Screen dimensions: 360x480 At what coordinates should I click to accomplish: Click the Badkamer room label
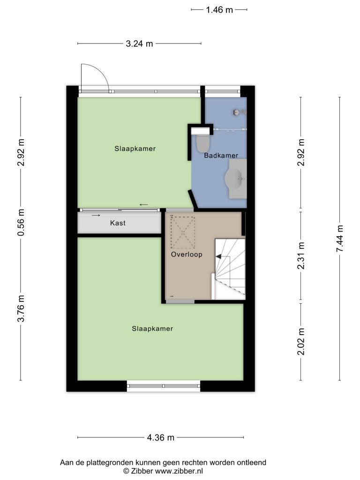point(221,156)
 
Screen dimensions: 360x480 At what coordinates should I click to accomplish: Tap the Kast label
point(118,223)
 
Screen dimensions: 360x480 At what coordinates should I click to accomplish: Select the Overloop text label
point(187,255)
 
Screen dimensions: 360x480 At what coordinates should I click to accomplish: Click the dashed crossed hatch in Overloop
point(183,232)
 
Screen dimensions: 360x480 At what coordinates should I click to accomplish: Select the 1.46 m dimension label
point(219,10)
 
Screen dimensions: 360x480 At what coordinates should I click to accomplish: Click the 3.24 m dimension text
point(139,44)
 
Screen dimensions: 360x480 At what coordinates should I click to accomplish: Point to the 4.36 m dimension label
point(160,437)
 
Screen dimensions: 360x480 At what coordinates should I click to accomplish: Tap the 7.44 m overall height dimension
point(340,239)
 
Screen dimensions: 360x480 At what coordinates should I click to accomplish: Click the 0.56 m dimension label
point(21,223)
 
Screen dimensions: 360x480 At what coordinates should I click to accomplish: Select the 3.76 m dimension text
point(21,308)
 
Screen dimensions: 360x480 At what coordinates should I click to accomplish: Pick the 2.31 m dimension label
point(301,255)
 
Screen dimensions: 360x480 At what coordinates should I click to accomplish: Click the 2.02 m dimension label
point(301,342)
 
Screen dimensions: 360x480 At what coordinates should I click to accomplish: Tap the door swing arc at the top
point(101,70)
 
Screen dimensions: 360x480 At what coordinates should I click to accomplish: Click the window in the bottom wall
point(164,386)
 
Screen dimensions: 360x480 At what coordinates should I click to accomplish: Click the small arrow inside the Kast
point(96,216)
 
